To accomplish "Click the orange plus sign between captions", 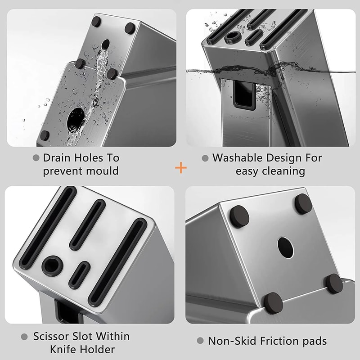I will click(180, 168).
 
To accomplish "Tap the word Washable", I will click(237, 158).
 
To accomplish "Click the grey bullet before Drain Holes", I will click(36, 158).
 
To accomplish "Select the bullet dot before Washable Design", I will click(205, 158).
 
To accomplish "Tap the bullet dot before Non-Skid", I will click(200, 341).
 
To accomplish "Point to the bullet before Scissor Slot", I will click(24, 337).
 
